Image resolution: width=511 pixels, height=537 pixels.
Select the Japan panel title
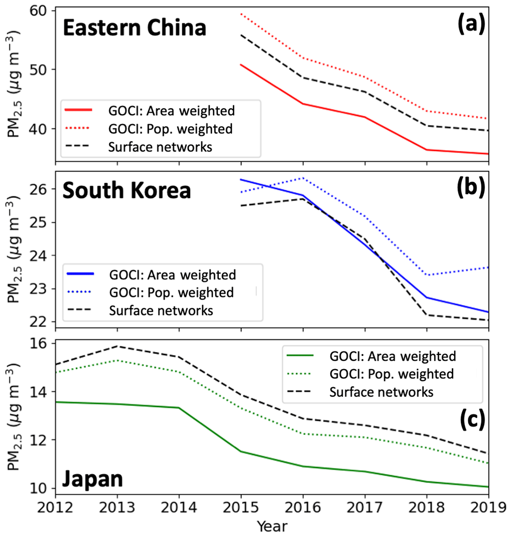coord(92,480)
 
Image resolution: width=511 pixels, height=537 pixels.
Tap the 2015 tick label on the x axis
coord(241,508)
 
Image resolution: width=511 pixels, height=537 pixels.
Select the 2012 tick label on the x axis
coord(56,508)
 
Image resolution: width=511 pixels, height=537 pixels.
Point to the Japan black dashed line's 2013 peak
coord(118,346)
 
